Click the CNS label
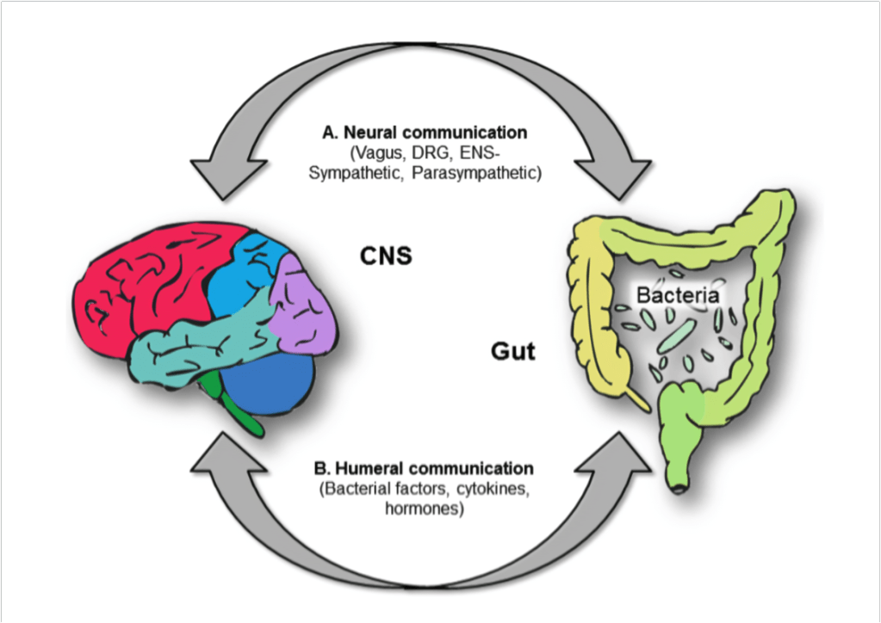tap(384, 256)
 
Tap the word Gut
tap(513, 351)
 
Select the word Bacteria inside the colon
tap(677, 296)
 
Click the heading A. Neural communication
tap(424, 133)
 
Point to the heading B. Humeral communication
tap(424, 469)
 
